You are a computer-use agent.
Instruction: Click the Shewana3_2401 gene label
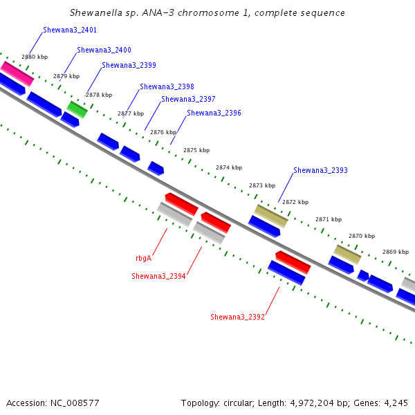[x=70, y=30]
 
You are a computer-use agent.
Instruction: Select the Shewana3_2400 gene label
[x=104, y=50]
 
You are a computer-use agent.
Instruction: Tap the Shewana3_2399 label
[x=129, y=65]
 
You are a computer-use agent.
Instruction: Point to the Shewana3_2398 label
[x=167, y=86]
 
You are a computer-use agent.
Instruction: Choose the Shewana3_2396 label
[x=214, y=113]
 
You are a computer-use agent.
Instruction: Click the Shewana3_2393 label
[x=320, y=170]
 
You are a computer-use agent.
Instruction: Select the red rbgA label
[x=143, y=258]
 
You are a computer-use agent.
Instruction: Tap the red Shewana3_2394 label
[x=158, y=276]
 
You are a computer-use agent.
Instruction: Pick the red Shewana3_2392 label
[x=237, y=317]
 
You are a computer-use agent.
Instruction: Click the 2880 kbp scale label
[x=35, y=57]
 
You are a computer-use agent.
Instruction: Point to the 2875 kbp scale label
[x=196, y=150]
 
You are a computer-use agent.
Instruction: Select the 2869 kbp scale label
[x=396, y=252]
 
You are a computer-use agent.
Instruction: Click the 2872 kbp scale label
[x=295, y=202]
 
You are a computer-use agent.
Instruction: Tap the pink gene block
[x=17, y=74]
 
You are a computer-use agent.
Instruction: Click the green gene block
[x=77, y=109]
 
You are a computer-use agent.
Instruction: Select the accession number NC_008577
[x=75, y=403]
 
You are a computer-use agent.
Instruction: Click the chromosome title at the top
[x=207, y=13]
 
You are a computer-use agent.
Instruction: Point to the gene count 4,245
[x=396, y=403]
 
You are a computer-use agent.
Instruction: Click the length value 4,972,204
[x=312, y=403]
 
